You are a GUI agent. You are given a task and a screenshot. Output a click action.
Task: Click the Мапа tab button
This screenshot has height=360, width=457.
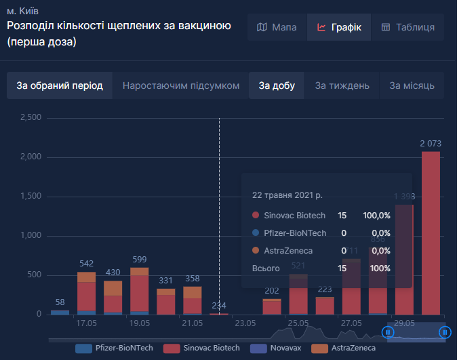[277, 28]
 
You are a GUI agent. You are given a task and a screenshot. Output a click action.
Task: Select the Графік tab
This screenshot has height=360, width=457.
[339, 28]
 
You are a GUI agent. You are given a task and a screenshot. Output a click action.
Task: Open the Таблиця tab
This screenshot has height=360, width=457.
[408, 28]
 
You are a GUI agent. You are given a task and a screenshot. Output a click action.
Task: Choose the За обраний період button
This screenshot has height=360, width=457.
[60, 86]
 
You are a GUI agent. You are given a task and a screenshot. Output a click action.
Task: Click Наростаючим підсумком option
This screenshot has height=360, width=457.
[181, 86]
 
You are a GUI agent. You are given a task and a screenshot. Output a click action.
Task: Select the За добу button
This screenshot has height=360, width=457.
[277, 86]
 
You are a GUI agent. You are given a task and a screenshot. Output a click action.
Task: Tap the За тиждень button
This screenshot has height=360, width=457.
[342, 86]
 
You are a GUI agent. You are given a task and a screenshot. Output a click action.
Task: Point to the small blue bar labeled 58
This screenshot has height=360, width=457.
[60, 312]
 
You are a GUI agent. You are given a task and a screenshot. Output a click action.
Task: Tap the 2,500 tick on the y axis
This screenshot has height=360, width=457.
[31, 118]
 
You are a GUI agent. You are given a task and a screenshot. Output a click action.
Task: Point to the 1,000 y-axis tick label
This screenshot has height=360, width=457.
[31, 236]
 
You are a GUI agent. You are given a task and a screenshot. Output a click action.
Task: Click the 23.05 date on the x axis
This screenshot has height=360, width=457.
[245, 323]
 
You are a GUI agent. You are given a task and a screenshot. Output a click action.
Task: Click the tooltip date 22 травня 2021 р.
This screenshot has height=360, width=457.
[287, 195]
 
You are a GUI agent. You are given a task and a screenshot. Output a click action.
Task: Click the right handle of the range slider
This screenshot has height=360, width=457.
[445, 332]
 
